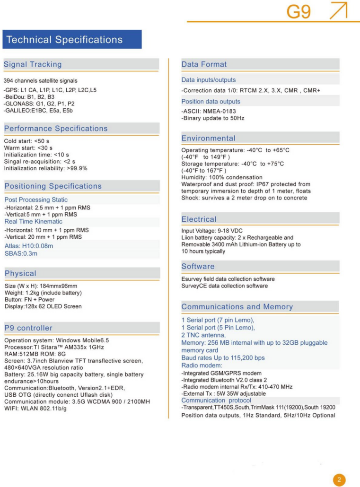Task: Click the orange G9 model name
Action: pyautogui.click(x=299, y=11)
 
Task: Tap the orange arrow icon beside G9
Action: pyautogui.click(x=338, y=10)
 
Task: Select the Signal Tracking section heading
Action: pyautogui.click(x=33, y=64)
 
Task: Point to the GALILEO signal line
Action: pyautogui.click(x=38, y=111)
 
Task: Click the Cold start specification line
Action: pyautogui.click(x=26, y=141)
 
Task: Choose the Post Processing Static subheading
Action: pyautogui.click(x=36, y=200)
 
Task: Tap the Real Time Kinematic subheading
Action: pyautogui.click(x=33, y=221)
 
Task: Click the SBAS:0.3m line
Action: pyautogui.click(x=21, y=253)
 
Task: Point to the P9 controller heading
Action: pyautogui.click(x=28, y=328)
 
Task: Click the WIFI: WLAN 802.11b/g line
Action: pyautogui.click(x=35, y=408)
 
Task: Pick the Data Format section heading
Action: pyautogui.click(x=204, y=64)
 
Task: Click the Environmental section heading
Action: pyautogui.click(x=208, y=138)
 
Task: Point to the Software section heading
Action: pyautogui.click(x=198, y=266)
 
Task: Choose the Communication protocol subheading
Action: pyautogui.click(x=216, y=400)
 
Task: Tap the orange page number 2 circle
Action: pyautogui.click(x=339, y=480)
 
